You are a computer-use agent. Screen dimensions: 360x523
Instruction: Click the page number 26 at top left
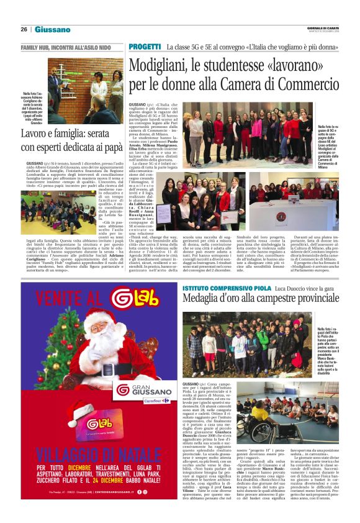[x=24, y=29]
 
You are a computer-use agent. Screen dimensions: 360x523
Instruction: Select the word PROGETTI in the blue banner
[x=145, y=47]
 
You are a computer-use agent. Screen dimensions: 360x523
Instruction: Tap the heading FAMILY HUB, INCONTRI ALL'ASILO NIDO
[x=65, y=47]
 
